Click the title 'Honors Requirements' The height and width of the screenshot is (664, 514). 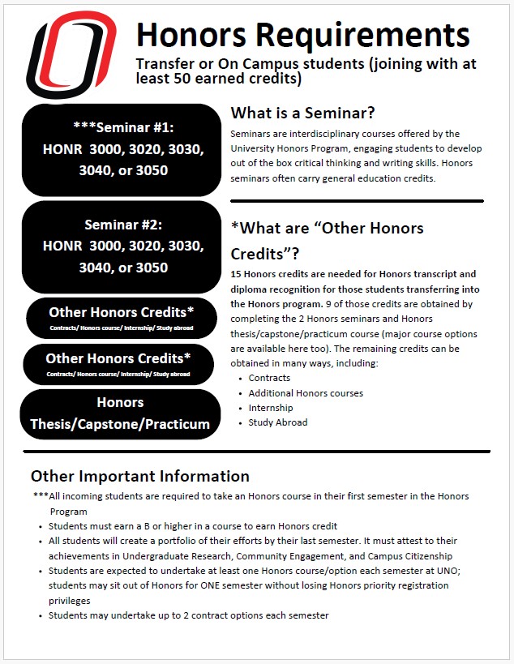click(302, 35)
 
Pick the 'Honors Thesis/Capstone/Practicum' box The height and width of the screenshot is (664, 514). click(120, 413)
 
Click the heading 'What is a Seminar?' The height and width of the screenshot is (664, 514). click(302, 113)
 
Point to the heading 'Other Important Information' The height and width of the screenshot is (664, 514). click(140, 476)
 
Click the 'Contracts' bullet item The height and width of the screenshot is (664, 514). click(269, 378)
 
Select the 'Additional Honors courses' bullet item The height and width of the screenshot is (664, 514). click(306, 393)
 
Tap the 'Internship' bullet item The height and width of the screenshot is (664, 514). click(271, 408)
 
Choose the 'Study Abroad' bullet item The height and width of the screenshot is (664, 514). click(278, 422)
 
